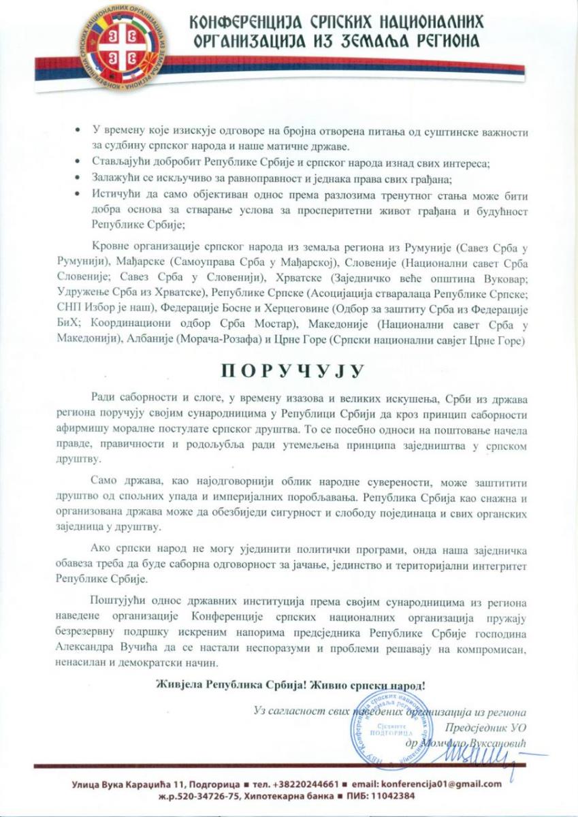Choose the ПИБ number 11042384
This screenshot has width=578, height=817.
[x=385, y=796]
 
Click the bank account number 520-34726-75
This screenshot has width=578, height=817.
[x=224, y=796]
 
